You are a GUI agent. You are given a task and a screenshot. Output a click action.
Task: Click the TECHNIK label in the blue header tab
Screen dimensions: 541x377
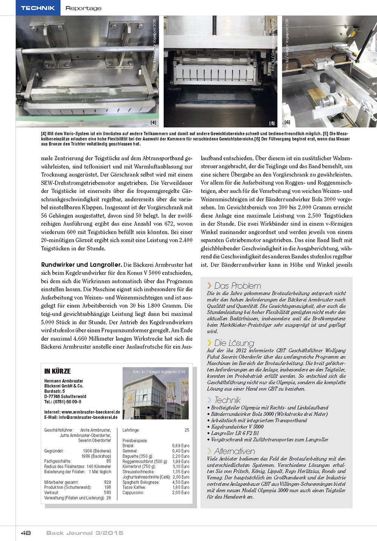click(38, 8)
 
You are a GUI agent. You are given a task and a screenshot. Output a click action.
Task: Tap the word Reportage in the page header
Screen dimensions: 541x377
click(83, 8)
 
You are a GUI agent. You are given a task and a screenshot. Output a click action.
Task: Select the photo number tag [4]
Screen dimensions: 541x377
click(153, 123)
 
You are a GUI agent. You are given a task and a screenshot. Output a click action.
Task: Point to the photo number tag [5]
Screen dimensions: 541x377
click(272, 123)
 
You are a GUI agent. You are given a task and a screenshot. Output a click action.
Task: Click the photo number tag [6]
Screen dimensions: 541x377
click(287, 122)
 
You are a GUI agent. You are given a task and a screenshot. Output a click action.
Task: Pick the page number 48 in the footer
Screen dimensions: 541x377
click(26, 533)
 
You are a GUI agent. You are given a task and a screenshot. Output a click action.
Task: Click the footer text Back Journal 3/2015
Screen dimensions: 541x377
click(85, 533)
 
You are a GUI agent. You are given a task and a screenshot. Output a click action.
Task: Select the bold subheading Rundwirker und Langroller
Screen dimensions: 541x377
click(81, 265)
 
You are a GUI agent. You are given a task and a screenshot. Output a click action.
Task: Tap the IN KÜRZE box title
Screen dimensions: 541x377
click(57, 371)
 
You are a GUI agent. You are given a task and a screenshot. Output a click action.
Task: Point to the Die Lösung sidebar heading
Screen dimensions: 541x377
click(234, 343)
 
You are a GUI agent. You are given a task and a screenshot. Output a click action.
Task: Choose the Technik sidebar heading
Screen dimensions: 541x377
click(227, 400)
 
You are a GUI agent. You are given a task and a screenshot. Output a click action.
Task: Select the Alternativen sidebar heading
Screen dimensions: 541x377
click(234, 451)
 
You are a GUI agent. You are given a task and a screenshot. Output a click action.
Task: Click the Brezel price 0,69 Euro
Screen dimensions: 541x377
click(181, 446)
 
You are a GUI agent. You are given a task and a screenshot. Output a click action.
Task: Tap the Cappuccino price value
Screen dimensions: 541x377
click(181, 492)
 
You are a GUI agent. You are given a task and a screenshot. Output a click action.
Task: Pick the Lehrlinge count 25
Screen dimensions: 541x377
click(187, 430)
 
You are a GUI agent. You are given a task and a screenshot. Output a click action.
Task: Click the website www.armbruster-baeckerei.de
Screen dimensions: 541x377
click(90, 412)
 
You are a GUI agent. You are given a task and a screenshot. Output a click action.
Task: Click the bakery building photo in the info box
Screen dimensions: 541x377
click(155, 393)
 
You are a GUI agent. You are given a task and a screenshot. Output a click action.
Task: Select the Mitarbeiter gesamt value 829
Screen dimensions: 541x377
click(107, 482)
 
